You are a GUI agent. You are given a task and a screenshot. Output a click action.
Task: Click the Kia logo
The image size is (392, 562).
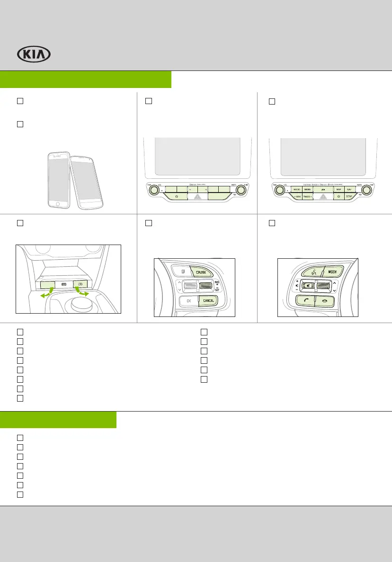pos(34,54)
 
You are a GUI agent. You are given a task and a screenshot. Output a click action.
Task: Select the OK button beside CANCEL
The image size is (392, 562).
pos(188,300)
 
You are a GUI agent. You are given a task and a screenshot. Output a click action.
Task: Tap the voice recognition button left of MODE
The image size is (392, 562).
pos(312,272)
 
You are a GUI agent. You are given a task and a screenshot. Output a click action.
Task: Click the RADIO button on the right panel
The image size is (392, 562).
pos(298,189)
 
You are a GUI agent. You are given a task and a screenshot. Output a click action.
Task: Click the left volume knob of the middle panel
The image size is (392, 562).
pos(153,190)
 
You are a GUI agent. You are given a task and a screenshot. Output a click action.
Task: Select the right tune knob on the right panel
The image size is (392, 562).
pos(366,190)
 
